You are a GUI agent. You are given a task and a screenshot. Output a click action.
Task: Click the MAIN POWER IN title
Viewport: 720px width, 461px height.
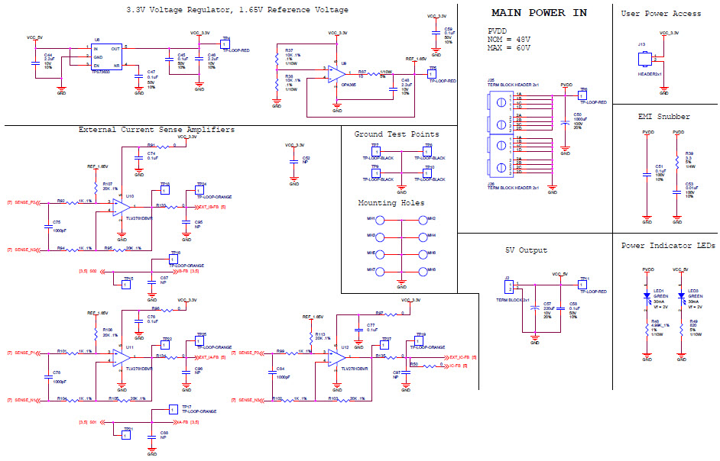click(x=539, y=13)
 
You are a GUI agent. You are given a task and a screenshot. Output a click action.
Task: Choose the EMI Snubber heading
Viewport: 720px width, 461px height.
click(x=663, y=117)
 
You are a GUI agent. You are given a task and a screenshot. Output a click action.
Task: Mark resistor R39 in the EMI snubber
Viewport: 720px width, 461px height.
click(x=677, y=161)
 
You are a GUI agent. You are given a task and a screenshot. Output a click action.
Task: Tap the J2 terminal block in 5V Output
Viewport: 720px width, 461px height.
click(x=509, y=286)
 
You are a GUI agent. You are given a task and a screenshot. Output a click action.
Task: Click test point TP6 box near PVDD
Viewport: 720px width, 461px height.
click(x=582, y=95)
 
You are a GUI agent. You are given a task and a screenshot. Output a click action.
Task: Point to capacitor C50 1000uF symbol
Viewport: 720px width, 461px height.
click(x=565, y=121)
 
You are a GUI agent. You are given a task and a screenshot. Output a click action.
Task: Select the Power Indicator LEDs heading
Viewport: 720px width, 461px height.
click(x=667, y=246)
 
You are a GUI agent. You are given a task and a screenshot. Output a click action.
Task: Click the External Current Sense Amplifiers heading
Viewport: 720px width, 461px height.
click(x=157, y=130)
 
